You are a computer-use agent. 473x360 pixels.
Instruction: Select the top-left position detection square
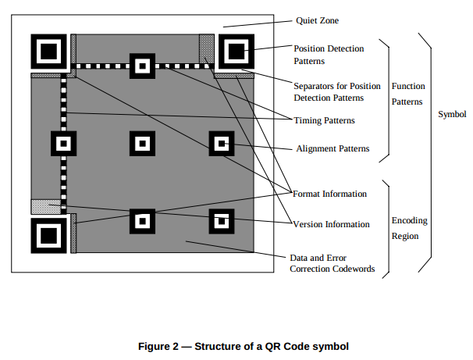tap(48, 52)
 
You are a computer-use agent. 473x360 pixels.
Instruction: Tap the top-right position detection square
tap(235, 52)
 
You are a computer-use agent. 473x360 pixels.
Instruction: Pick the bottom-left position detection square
tap(48, 234)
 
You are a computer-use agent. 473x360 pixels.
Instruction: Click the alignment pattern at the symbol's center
tap(142, 144)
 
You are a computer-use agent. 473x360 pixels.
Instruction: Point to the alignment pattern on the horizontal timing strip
tap(142, 66)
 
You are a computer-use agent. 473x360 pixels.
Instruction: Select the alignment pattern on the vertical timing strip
tap(63, 144)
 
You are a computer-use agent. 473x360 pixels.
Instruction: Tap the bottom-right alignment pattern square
tap(221, 221)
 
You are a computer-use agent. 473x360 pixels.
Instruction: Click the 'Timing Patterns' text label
tap(325, 120)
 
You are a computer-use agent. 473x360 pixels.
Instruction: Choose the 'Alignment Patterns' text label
tap(333, 148)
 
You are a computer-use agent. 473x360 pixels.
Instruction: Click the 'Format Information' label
tap(329, 193)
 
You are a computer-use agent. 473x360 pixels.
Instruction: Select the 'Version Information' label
tap(331, 224)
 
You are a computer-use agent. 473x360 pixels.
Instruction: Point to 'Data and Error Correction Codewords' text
tap(332, 263)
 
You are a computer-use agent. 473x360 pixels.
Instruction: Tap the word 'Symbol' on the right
tap(452, 114)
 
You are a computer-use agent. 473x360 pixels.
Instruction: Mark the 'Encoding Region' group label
tap(409, 228)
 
